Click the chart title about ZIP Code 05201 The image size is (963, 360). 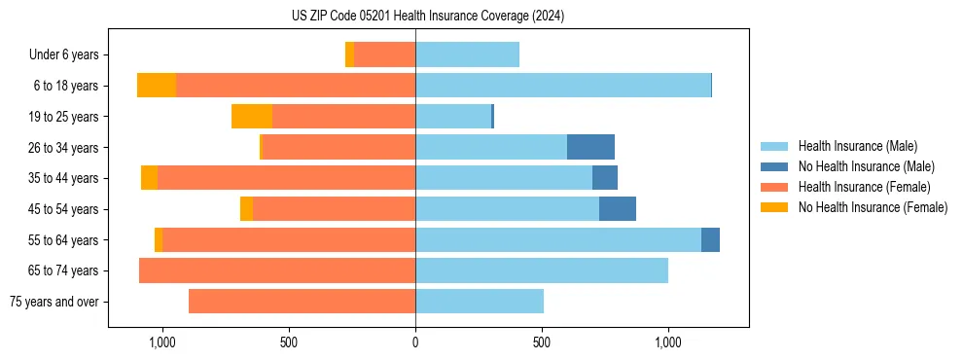[427, 16]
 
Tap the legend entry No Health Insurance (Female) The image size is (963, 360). [873, 207]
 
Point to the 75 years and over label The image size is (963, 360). [53, 302]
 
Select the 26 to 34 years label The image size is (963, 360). [63, 148]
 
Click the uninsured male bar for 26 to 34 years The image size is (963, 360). [590, 147]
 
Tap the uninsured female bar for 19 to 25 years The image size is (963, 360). [251, 117]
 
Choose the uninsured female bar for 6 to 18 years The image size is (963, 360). [156, 86]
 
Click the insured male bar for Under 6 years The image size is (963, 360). [467, 55]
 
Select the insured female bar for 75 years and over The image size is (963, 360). [302, 302]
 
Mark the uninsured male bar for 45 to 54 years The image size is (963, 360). [617, 208]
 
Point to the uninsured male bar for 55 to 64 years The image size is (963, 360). [710, 239]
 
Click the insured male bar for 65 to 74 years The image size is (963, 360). [541, 270]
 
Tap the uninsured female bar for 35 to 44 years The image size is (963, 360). [149, 178]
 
